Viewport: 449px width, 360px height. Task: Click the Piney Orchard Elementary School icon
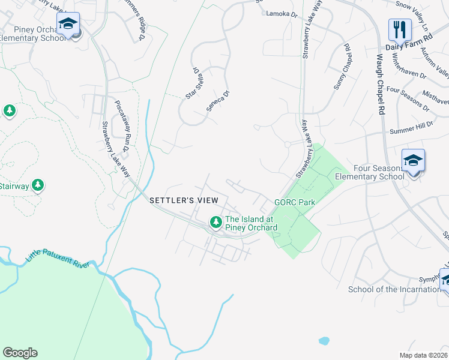[68, 24]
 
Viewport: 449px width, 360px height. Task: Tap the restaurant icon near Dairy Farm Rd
[399, 28]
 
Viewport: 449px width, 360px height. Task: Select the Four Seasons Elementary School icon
[413, 161]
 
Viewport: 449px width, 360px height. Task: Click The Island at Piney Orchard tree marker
[215, 223]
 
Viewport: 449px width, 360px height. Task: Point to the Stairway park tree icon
[38, 185]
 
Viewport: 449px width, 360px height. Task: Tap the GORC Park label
[295, 203]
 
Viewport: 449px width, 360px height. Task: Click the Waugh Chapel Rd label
[380, 85]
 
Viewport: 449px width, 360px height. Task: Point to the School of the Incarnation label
[394, 290]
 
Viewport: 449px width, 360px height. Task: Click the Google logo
[20, 352]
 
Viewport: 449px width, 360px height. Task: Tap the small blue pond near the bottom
[324, 341]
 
